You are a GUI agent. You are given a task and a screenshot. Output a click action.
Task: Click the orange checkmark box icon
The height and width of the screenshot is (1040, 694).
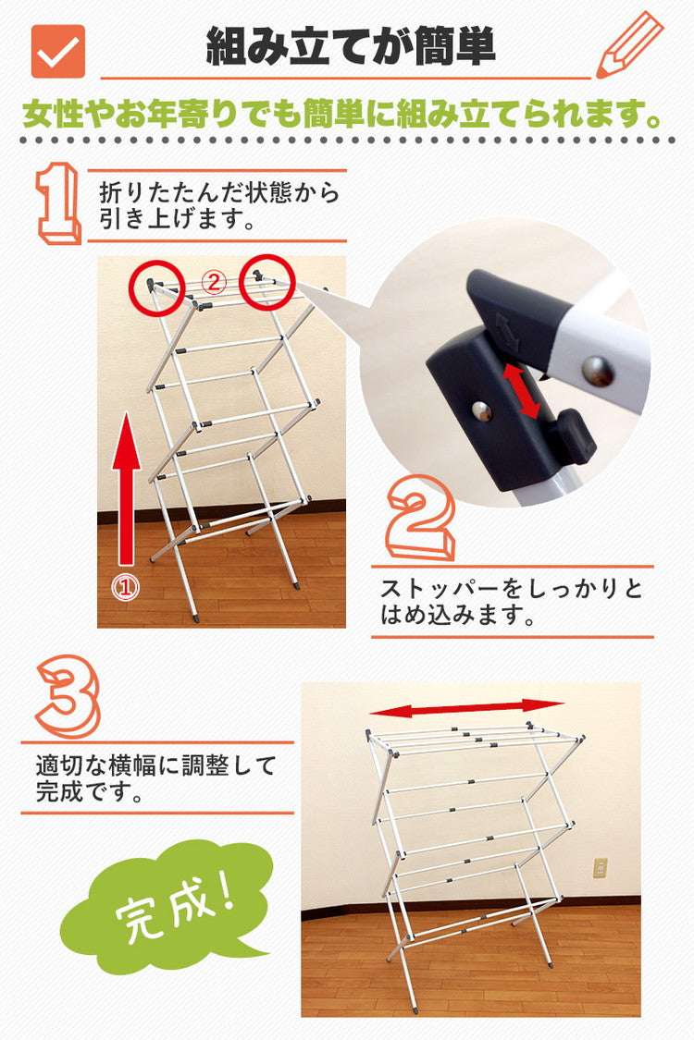pyautogui.click(x=58, y=51)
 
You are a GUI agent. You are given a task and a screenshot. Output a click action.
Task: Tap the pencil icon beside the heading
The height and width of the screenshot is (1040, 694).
pyautogui.click(x=628, y=45)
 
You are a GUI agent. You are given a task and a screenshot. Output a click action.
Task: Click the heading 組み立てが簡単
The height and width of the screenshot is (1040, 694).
pyautogui.click(x=351, y=46)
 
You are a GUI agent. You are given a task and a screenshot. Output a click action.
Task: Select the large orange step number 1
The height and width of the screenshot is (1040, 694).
pyautogui.click(x=58, y=203)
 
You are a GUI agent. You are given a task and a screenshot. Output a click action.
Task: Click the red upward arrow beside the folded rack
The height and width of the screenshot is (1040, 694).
pyautogui.click(x=127, y=495)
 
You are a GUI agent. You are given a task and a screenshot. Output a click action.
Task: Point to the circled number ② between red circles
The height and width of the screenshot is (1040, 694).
pyautogui.click(x=215, y=284)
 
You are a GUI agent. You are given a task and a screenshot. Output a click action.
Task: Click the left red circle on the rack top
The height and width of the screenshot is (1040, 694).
pyautogui.click(x=155, y=284)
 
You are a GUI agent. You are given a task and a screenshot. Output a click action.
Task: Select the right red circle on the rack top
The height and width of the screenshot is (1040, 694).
pyautogui.click(x=266, y=280)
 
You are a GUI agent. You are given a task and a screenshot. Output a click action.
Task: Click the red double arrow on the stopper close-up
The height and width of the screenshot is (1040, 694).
pyautogui.click(x=523, y=391)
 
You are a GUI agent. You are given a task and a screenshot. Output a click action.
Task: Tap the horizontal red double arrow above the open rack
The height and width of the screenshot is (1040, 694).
pyautogui.click(x=466, y=707)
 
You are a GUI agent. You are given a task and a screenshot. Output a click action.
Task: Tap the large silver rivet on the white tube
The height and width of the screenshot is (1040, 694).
pyautogui.click(x=598, y=371)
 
